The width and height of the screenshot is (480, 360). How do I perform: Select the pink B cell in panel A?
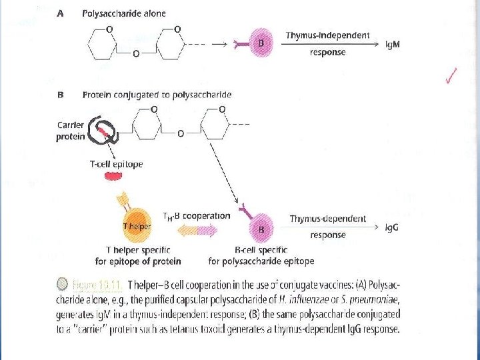pos(261,42)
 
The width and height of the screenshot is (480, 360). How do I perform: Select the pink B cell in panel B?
pos(261,228)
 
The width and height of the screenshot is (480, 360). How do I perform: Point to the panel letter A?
pos(61,13)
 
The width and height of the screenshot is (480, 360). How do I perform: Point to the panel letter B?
pos(61,95)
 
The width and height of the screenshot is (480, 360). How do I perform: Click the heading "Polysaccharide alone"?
pos(124,13)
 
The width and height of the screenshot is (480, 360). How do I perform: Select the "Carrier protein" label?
pos(71,131)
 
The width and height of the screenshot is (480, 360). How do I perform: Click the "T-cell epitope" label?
pos(115,164)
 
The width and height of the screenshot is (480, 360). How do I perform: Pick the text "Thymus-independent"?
pos(327,35)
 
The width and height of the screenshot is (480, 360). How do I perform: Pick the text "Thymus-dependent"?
pos(327,219)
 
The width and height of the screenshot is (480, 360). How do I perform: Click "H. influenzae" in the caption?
pos(287,300)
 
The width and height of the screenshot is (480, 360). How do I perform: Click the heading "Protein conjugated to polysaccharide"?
pos(157,95)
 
